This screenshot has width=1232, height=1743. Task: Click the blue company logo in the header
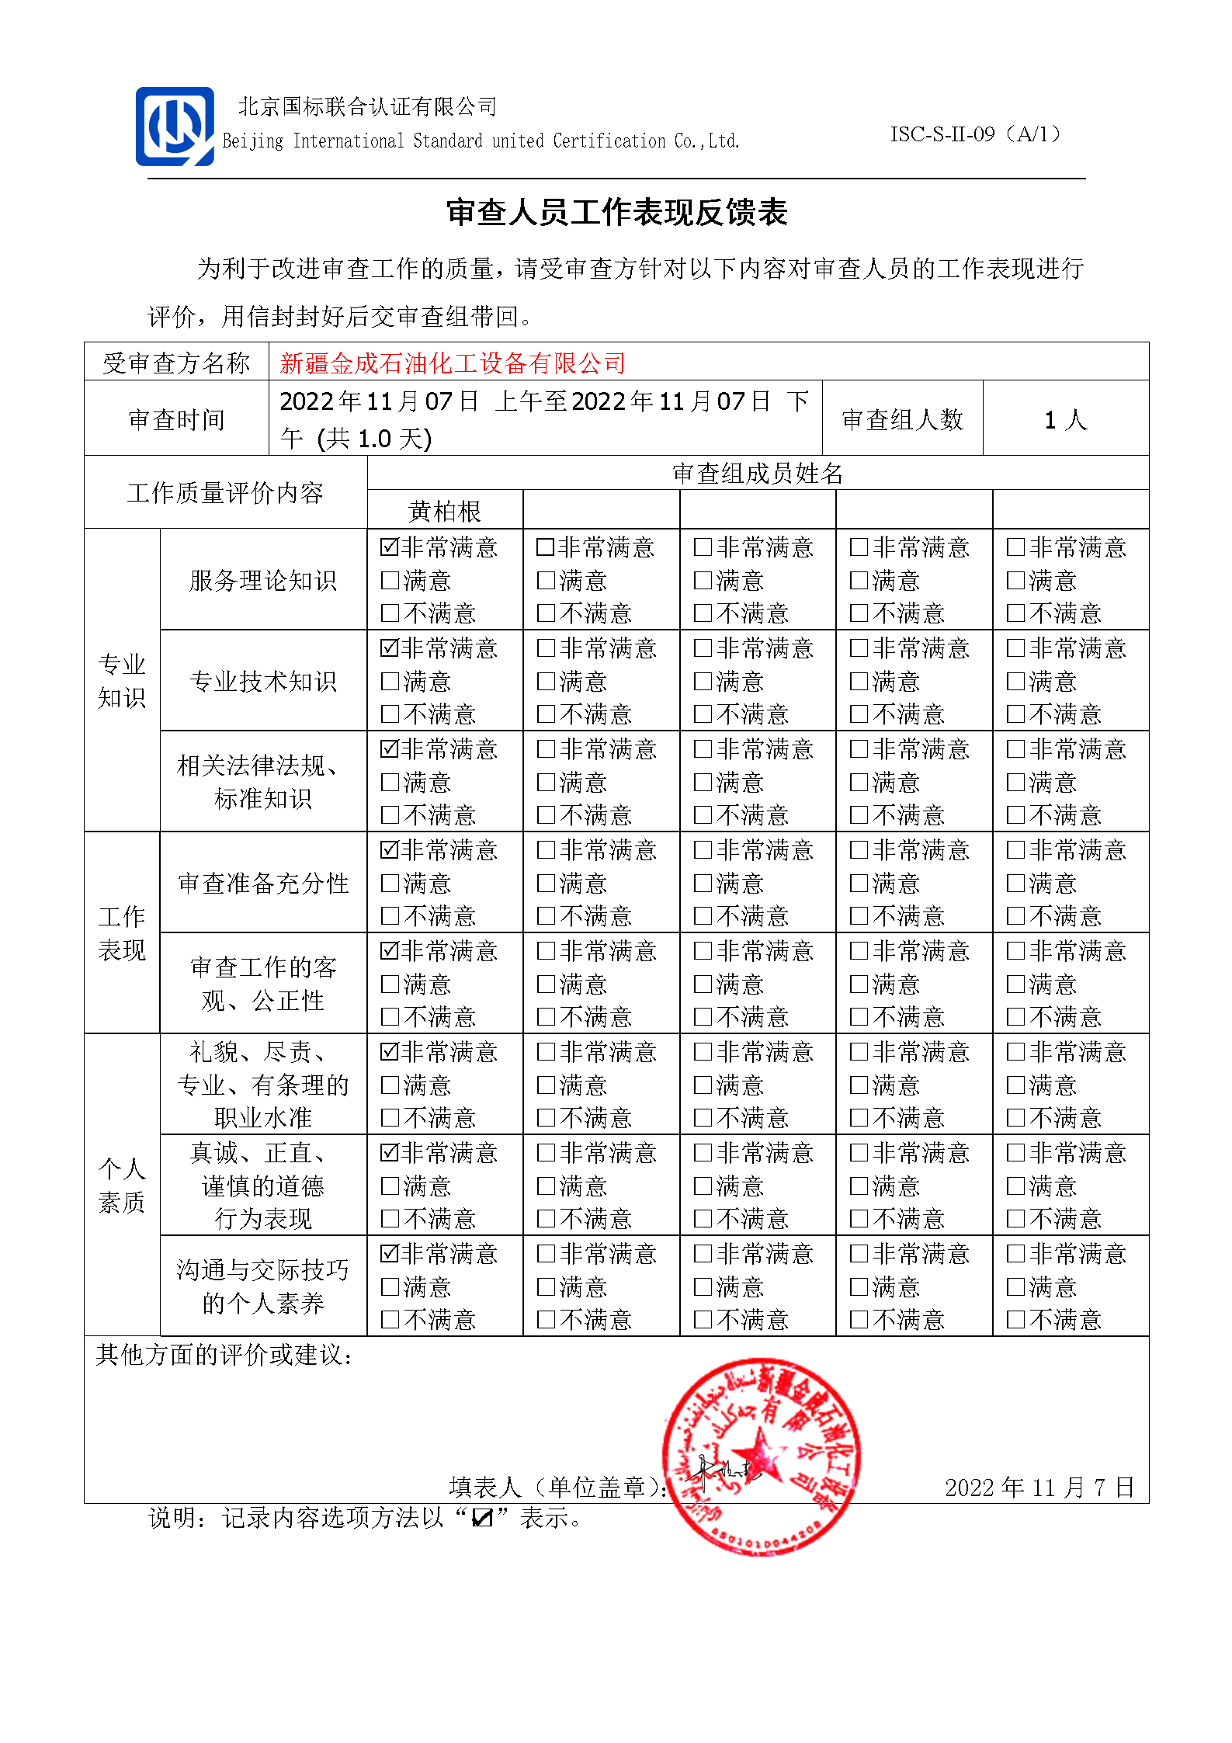click(x=175, y=127)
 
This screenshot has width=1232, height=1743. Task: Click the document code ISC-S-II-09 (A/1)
click(x=975, y=134)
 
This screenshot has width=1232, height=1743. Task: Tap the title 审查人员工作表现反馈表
click(x=616, y=213)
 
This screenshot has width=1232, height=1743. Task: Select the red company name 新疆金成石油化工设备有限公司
click(x=453, y=363)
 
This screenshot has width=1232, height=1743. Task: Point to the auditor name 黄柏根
click(x=445, y=511)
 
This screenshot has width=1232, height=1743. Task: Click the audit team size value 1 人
click(x=1065, y=420)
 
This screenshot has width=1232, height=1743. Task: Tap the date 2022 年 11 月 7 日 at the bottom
click(x=1039, y=1488)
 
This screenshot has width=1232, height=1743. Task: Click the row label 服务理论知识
click(x=263, y=580)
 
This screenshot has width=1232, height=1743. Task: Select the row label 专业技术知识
click(x=263, y=681)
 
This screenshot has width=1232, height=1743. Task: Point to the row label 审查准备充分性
click(x=263, y=883)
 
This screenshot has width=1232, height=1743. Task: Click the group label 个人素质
click(x=122, y=1185)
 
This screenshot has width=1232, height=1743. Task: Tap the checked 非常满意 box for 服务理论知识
click(x=390, y=547)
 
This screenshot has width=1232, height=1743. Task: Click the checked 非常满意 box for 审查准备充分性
click(x=390, y=850)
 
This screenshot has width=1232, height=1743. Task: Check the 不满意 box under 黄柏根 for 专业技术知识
click(x=390, y=714)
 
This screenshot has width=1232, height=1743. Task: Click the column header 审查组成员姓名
click(x=758, y=473)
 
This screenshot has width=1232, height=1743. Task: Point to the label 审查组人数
click(x=902, y=420)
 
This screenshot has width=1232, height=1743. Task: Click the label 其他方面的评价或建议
click(x=224, y=1356)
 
